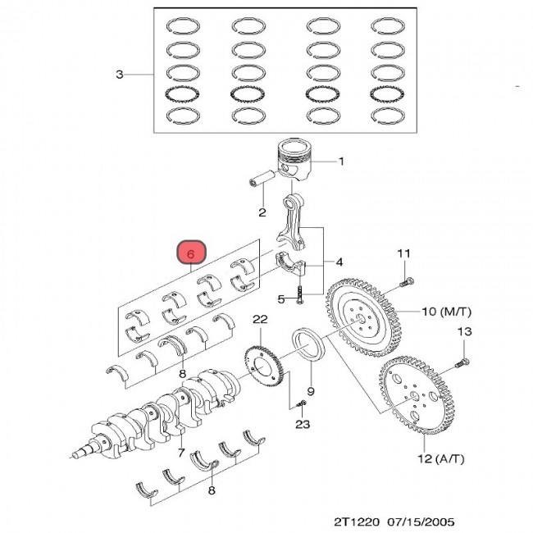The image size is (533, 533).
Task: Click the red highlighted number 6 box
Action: [x=190, y=254]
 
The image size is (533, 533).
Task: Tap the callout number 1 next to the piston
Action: [x=341, y=161]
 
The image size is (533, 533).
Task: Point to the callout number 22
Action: [x=260, y=319]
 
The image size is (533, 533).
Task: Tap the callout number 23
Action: [x=303, y=424]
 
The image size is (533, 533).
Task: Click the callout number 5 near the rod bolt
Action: [x=280, y=298]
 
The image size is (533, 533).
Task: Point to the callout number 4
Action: [x=340, y=263]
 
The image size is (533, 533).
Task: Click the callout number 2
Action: [x=262, y=213]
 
